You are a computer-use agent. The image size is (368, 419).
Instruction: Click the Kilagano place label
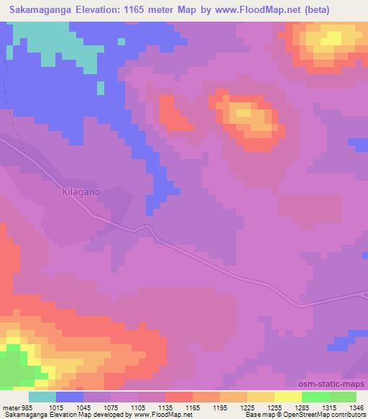pyautogui.click(x=79, y=194)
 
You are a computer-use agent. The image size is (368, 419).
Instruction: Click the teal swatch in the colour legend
pyautogui.click(x=42, y=397)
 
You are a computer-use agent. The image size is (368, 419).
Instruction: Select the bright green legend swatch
pyautogui.click(x=316, y=397)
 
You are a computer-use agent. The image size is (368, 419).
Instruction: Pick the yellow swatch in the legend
pyautogui.click(x=288, y=397)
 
